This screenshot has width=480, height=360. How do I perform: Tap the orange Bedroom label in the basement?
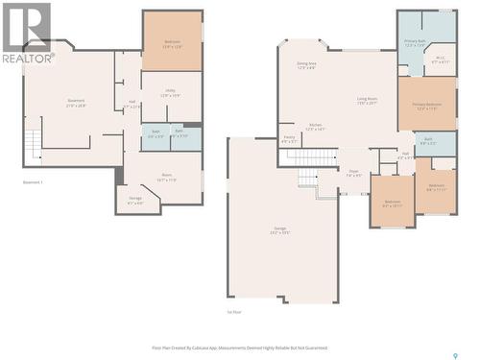point(173,45)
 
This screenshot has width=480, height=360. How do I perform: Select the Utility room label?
point(171,94)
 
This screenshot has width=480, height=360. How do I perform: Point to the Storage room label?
point(135,201)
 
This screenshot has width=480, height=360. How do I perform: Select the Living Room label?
point(368,99)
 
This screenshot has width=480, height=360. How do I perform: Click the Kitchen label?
point(315,127)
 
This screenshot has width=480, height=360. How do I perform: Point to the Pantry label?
point(289,140)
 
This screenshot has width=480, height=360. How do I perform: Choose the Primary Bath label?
point(415,43)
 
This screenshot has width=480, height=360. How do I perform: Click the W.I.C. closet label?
point(441,60)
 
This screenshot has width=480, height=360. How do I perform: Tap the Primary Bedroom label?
point(427,106)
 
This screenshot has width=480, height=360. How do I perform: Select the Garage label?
point(279,229)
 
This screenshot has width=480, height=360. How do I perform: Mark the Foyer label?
point(353,174)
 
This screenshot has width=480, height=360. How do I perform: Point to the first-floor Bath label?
point(428,141)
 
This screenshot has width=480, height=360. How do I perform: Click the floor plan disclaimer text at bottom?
point(240,348)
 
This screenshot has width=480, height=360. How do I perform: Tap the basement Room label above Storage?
point(166,177)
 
